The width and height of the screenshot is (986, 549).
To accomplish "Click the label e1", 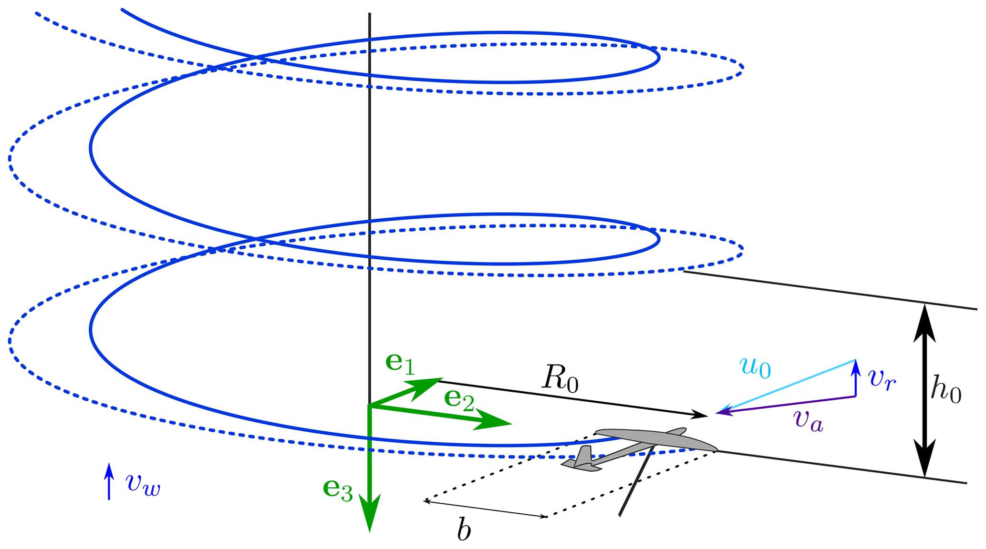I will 400,363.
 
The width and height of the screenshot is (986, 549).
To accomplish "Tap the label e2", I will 459,399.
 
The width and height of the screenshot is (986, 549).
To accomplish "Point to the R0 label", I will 560,380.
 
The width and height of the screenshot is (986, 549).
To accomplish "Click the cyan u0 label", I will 755,367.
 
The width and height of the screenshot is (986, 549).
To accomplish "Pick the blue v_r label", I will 882,379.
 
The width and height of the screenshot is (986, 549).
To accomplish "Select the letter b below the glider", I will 464,530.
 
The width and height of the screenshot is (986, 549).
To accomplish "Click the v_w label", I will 143,484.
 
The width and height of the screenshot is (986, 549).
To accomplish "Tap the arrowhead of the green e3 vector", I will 370,515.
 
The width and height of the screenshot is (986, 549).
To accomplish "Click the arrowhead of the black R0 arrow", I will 700,415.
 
